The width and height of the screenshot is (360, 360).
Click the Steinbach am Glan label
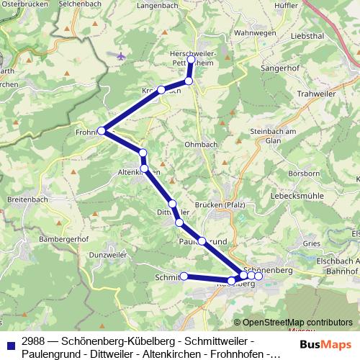[273, 136]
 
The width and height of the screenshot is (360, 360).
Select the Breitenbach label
[27, 199]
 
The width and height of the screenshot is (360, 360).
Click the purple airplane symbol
[120, 55]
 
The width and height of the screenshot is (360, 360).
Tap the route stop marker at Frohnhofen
[102, 131]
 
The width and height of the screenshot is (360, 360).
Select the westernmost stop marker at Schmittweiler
[184, 276]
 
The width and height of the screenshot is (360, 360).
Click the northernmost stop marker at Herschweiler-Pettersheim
[192, 60]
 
